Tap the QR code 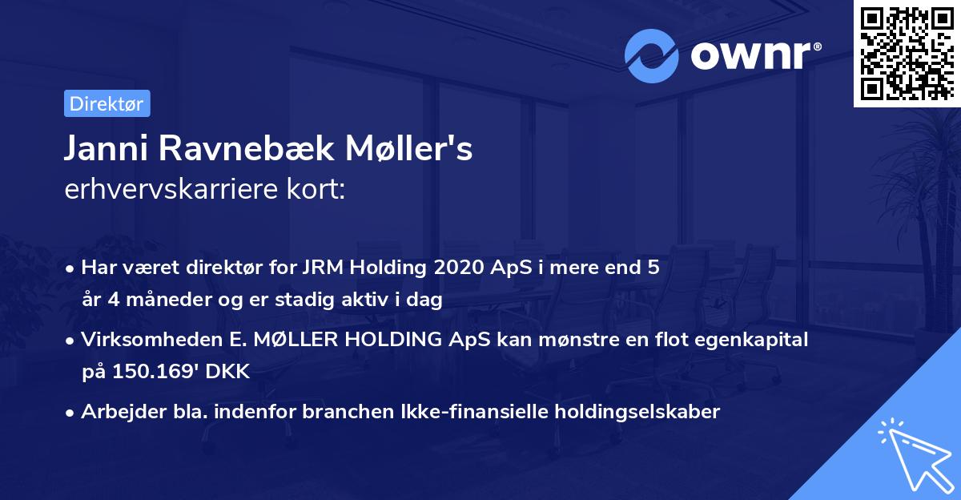[x=907, y=53]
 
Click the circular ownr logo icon [x=652, y=56]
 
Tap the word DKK [x=229, y=372]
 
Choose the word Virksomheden [x=139, y=340]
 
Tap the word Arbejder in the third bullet [x=116, y=412]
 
